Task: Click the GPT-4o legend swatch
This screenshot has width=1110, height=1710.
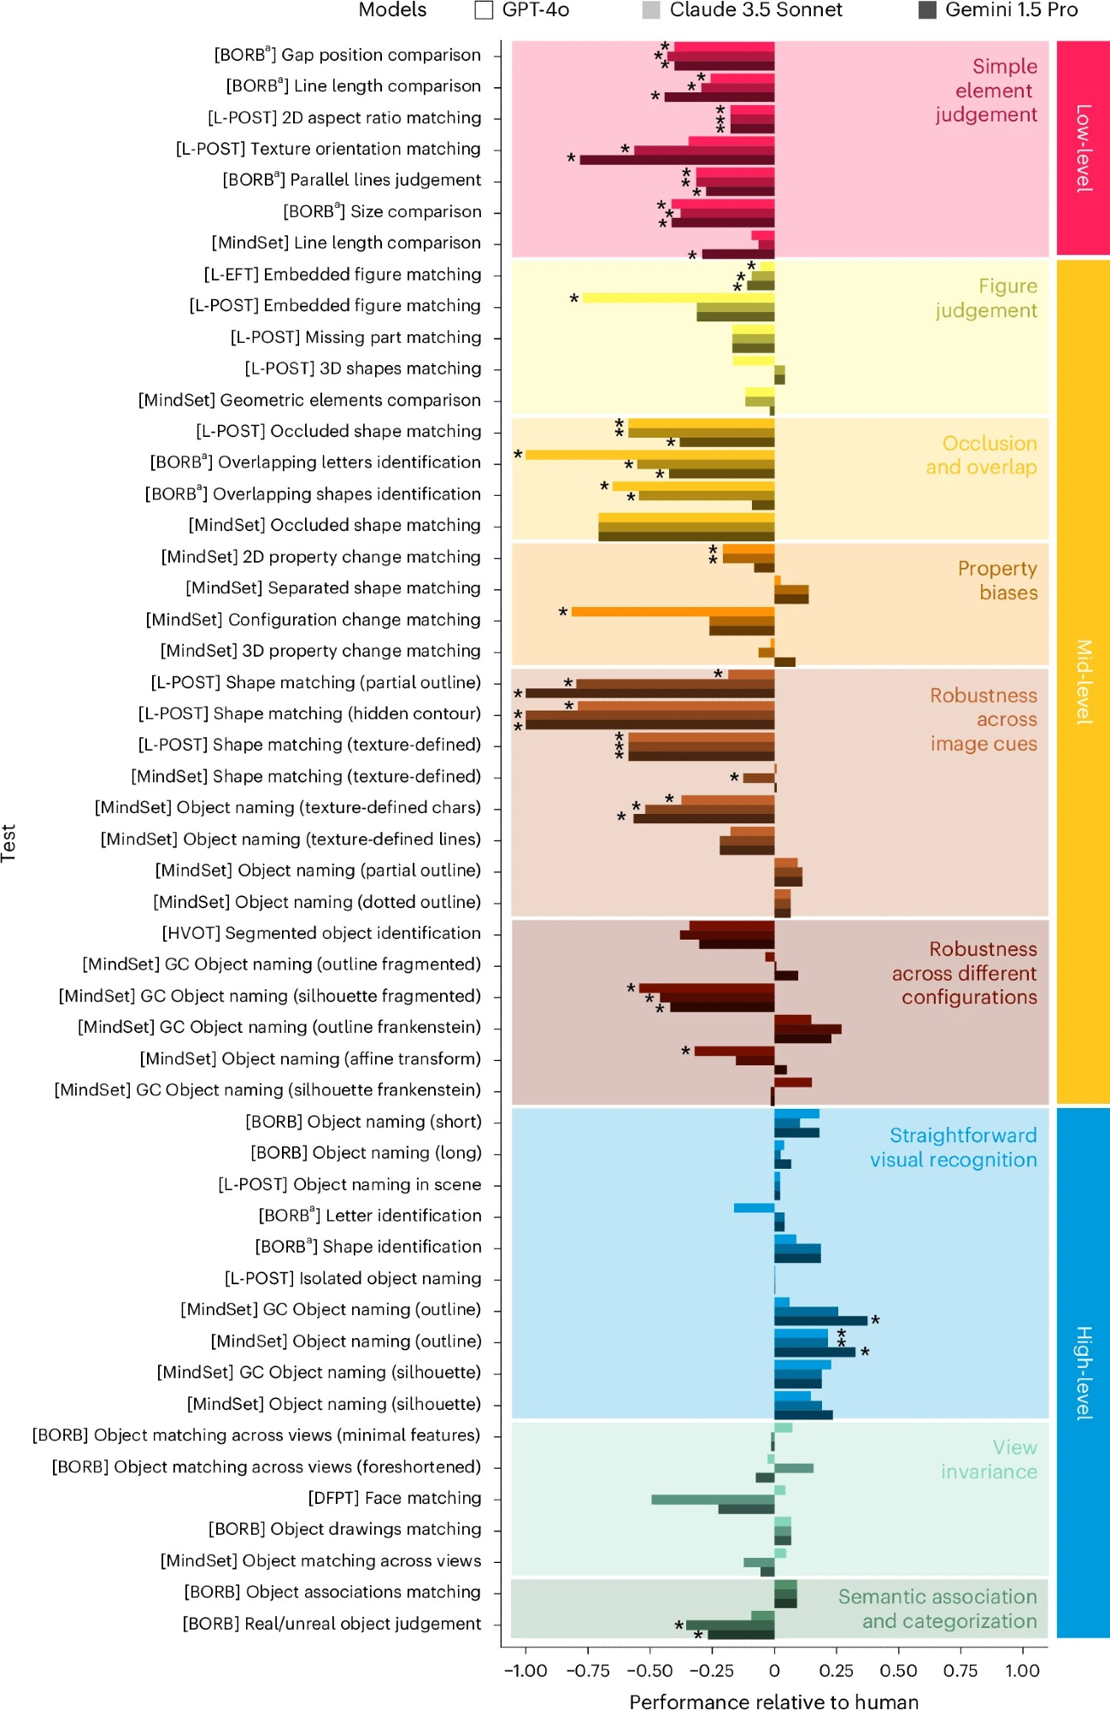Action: point(484,10)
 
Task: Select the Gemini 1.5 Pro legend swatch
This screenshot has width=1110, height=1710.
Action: point(926,10)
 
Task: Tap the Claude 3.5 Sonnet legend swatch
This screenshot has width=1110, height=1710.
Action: point(651,10)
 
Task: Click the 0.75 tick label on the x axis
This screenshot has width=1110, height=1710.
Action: point(960,1671)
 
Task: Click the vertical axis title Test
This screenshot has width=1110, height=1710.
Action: point(9,842)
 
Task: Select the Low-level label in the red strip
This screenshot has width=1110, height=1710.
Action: point(1084,148)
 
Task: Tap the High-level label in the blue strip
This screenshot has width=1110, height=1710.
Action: point(1084,1373)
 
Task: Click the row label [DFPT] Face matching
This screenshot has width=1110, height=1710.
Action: point(394,1498)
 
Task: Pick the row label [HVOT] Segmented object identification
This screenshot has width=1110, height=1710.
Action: point(321,933)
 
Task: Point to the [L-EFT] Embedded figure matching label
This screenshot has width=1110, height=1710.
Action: point(342,274)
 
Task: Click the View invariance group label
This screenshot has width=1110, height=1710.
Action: point(989,1459)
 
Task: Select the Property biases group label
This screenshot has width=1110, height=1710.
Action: point(997,581)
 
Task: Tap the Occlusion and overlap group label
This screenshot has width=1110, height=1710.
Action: point(981,455)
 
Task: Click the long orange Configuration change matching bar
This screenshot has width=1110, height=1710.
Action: point(672,611)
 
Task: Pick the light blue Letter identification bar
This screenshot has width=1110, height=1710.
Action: point(754,1207)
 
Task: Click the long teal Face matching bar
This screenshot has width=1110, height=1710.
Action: point(713,1500)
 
